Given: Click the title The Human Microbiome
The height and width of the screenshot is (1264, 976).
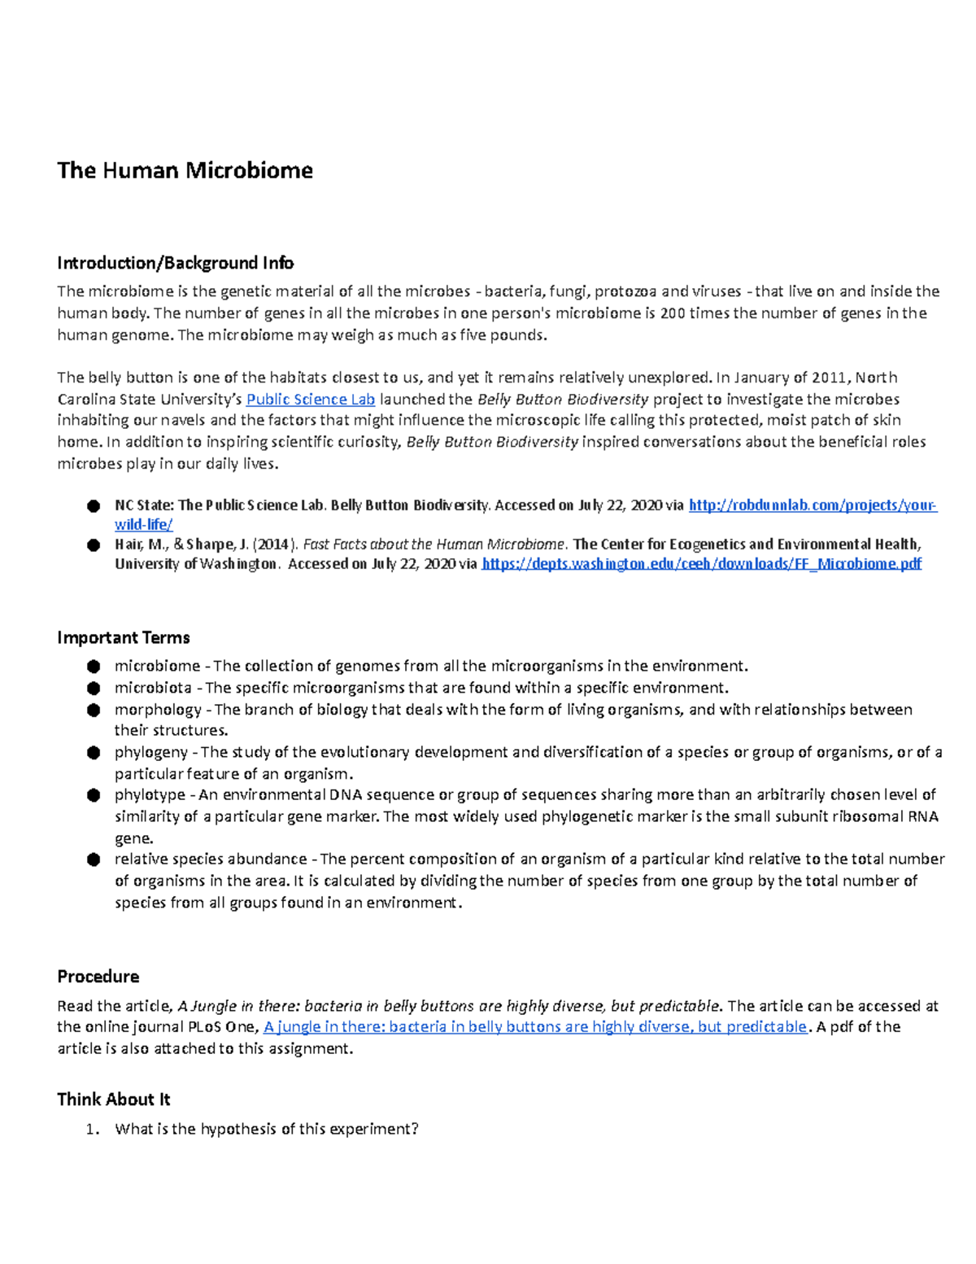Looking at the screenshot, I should pos(185,170).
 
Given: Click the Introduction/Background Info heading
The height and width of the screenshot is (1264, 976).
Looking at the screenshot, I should pos(175,263).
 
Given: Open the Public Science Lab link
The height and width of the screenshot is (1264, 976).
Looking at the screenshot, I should pos(311,399).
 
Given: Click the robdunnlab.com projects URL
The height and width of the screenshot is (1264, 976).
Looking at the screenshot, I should pos(813,505).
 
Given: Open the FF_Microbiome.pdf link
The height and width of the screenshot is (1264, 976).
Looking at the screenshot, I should pos(701,564).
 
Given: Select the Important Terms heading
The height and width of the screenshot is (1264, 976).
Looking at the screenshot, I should pos(124,637).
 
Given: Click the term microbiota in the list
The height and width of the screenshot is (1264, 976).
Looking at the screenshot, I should pos(153,688).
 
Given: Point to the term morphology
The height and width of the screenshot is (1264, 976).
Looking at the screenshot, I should pos(158,710).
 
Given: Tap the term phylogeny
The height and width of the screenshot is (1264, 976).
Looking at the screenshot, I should pos(150,752).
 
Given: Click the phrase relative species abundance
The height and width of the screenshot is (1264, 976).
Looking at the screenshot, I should pos(211,859).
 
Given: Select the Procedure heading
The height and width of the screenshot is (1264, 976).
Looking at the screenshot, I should pos(98,977).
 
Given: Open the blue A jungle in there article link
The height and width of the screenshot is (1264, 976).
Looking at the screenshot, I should pos(535,1027).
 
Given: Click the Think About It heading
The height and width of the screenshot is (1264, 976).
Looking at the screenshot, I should pos(113,1100).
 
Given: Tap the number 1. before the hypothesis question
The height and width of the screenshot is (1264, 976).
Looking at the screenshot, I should pos(92,1129).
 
